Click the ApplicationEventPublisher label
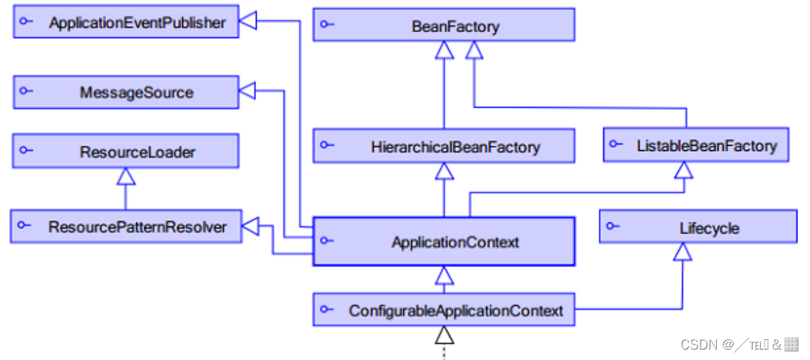137,23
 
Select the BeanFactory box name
455,27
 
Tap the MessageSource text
136,93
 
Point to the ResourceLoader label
138,152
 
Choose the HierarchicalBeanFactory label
455,147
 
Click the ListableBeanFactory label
707,147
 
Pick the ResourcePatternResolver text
138,227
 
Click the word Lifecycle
709,228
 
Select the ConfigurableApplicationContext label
456,311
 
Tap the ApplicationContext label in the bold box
455,242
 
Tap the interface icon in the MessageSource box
26,91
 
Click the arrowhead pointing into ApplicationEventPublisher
247,22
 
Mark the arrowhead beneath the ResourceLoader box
126,177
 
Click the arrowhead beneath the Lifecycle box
683,252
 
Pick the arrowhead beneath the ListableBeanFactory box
684,170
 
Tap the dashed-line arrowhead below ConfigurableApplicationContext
444,335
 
